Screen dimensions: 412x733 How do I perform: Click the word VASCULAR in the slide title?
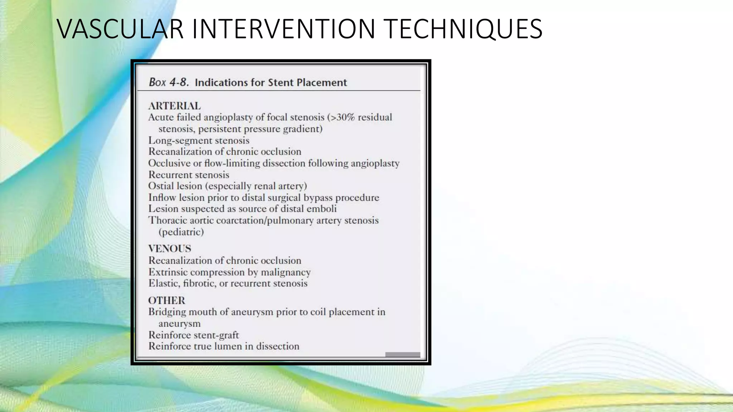120,29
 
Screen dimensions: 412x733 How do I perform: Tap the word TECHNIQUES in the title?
464,29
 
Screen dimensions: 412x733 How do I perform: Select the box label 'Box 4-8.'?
169,82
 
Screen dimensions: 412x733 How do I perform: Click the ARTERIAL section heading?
174,106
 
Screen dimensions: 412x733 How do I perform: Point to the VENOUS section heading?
170,249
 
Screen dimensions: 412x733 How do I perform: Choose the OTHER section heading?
167,300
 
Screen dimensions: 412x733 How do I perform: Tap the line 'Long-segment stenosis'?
199,140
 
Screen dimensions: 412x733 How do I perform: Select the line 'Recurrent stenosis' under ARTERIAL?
189,175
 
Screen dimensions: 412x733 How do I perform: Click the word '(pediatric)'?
181,232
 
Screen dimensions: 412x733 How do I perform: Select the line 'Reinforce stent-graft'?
193,335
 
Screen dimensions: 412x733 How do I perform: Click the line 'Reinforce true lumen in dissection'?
224,346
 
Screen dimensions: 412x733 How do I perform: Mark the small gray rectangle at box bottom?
402,354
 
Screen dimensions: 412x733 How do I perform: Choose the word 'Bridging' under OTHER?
167,312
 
